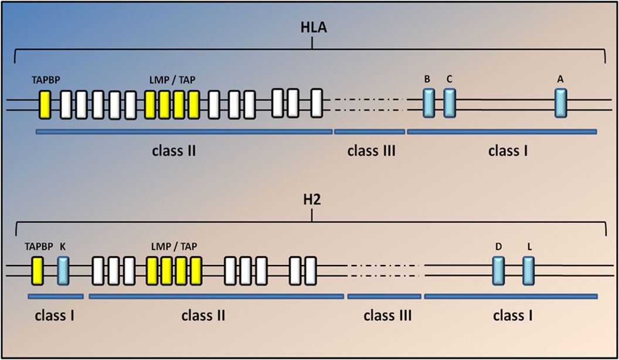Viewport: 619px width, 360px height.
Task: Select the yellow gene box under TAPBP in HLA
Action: (45, 105)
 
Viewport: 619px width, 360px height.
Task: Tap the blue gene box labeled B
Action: (429, 103)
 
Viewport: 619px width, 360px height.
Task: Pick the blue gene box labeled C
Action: (449, 103)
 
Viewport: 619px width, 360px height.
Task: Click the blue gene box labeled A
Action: (561, 103)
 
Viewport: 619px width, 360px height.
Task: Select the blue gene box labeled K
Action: (63, 270)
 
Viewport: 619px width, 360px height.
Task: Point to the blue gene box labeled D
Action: (498, 270)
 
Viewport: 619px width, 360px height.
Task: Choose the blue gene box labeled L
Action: (529, 270)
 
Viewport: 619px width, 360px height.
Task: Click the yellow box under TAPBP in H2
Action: (38, 270)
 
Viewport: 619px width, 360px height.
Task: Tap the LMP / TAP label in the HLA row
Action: (173, 79)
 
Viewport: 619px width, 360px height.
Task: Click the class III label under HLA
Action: (371, 151)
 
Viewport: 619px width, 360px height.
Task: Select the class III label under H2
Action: (387, 316)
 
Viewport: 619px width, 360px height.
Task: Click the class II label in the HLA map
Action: (173, 151)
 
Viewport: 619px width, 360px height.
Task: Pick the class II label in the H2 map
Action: (203, 316)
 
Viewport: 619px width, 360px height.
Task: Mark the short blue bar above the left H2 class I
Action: (56, 296)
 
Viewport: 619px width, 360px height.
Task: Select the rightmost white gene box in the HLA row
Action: (317, 103)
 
